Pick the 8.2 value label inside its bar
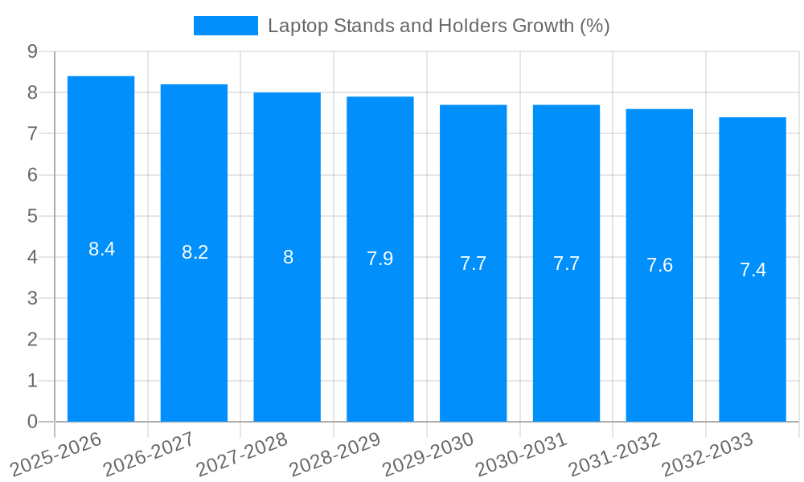pyautogui.click(x=195, y=252)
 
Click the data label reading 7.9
pyautogui.click(x=379, y=259)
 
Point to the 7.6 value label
pyautogui.click(x=659, y=265)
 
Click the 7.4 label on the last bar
pyautogui.click(x=753, y=270)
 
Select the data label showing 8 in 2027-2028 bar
pyautogui.click(x=288, y=257)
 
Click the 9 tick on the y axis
pyautogui.click(x=32, y=51)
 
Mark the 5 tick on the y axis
pyautogui.click(x=32, y=216)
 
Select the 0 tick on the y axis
pyautogui.click(x=32, y=422)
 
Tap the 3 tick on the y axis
pyautogui.click(x=32, y=299)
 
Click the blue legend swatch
pyautogui.click(x=226, y=26)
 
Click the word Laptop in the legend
pyautogui.click(x=293, y=26)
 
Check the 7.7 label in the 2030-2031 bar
pyautogui.click(x=566, y=263)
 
